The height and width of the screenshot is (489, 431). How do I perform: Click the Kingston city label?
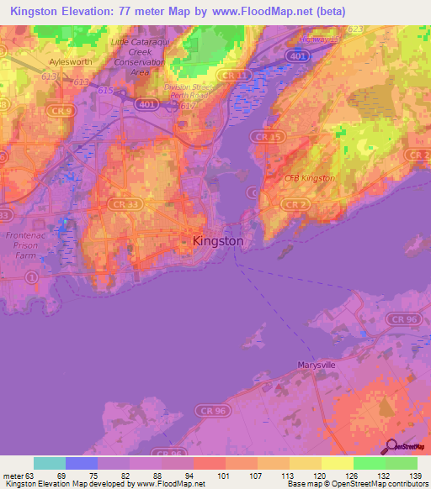218,241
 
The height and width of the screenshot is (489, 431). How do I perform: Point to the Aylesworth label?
70,62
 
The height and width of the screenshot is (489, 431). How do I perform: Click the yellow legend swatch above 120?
305,463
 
